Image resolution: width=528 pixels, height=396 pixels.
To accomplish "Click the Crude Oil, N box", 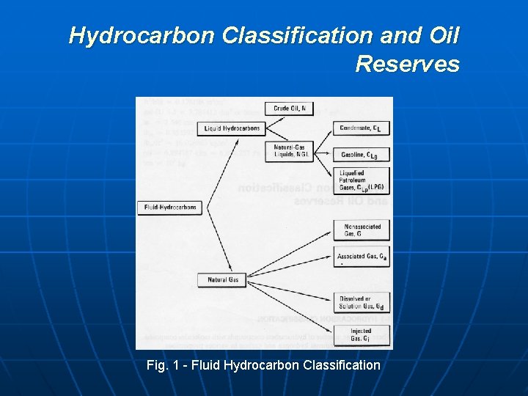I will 289,109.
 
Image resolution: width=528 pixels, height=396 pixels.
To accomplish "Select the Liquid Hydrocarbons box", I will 232,128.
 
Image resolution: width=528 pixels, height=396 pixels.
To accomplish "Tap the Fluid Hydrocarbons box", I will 169,208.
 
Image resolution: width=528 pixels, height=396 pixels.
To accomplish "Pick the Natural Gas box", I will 223,279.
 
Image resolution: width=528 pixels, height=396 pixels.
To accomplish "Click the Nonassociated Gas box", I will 362,230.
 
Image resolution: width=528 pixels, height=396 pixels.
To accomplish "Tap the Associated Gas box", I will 362,257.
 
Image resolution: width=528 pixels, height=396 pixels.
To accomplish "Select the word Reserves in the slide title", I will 407,65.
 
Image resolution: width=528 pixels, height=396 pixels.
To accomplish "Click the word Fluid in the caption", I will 211,364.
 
